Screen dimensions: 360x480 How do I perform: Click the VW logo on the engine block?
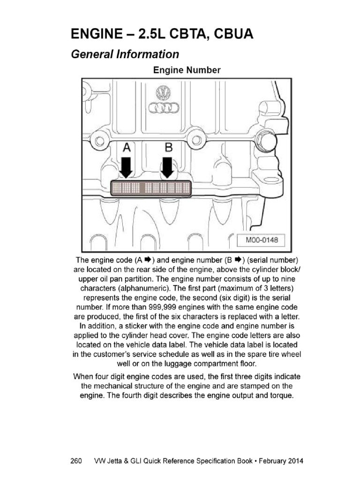[164, 93]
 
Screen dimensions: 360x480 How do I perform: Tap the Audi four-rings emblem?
[164, 108]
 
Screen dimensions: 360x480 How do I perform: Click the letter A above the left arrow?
[127, 148]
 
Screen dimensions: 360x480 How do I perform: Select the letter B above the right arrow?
[168, 148]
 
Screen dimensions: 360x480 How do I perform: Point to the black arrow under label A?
[126, 167]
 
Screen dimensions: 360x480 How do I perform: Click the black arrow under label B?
[167, 167]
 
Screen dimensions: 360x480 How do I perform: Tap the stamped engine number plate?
[151, 188]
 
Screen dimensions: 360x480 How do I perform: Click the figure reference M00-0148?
[262, 240]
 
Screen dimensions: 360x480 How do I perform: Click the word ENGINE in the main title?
[97, 34]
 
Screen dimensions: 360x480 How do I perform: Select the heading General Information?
[125, 54]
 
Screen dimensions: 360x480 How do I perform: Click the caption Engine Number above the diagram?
[187, 70]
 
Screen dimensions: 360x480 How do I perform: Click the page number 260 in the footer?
[76, 461]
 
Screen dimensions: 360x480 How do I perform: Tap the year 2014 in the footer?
[296, 461]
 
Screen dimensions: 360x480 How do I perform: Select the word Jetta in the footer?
[115, 461]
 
